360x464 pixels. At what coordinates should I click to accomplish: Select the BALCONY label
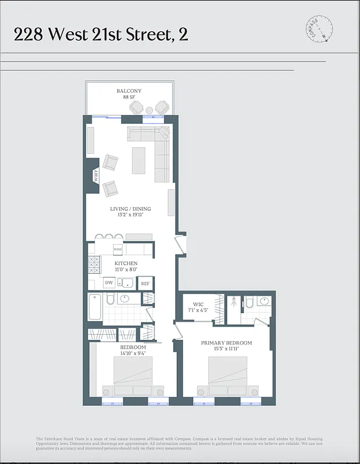129,91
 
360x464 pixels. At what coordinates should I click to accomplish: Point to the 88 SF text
129,97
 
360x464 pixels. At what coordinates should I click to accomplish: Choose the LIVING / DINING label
130,209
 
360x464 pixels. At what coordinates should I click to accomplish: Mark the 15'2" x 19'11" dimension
130,215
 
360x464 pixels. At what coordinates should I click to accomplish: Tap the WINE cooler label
118,249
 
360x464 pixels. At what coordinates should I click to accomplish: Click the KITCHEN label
126,263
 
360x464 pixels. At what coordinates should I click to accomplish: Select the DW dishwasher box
109,284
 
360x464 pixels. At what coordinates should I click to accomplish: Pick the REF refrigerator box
145,284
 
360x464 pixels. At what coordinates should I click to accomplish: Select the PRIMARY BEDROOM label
226,343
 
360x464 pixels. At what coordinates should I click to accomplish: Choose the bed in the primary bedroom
227,376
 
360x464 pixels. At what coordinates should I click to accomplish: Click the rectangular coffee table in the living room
139,161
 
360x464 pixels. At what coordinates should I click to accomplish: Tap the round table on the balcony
149,110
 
